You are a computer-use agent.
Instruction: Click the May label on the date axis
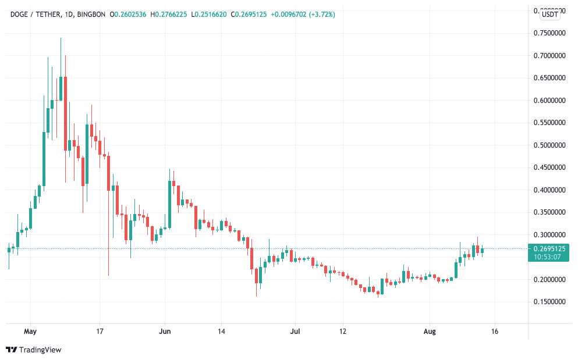click(x=31, y=332)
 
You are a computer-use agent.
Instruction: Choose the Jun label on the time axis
click(x=165, y=332)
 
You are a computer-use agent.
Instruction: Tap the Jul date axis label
click(x=295, y=332)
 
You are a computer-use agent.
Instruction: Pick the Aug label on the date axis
click(x=430, y=332)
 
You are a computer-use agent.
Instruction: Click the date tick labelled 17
click(x=100, y=332)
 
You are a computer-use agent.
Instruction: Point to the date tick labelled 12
click(x=343, y=332)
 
